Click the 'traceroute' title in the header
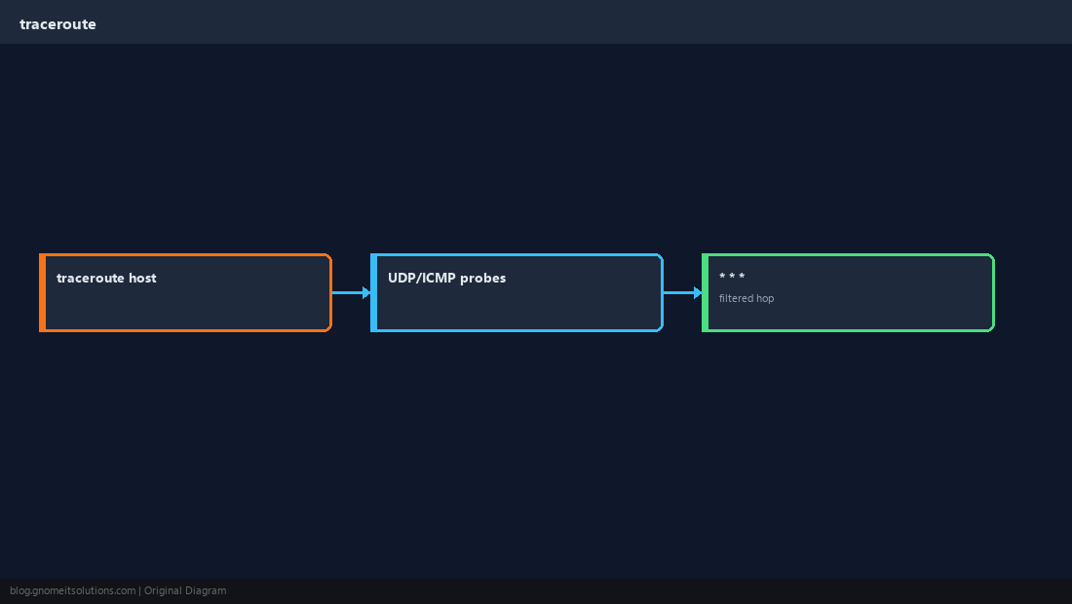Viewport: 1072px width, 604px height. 58,24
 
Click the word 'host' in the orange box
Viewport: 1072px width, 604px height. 142,278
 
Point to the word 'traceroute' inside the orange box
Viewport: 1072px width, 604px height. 91,278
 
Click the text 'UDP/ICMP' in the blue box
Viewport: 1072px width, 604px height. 422,278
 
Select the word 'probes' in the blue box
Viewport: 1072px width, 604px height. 482,278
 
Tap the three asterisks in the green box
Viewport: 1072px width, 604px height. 732,276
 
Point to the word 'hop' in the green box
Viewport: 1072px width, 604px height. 765,298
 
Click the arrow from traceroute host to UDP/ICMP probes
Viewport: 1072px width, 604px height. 352,292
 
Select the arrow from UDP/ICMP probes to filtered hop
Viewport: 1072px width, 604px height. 683,292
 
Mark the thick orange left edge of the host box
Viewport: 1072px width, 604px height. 42,292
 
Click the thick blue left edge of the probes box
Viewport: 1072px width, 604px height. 374,292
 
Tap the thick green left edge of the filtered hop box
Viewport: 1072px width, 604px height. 706,292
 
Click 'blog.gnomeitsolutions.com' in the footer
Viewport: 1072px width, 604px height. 72,591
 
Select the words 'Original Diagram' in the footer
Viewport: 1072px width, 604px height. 185,591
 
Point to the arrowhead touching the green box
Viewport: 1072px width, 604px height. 698,292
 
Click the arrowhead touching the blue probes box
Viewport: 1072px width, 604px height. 366,292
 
